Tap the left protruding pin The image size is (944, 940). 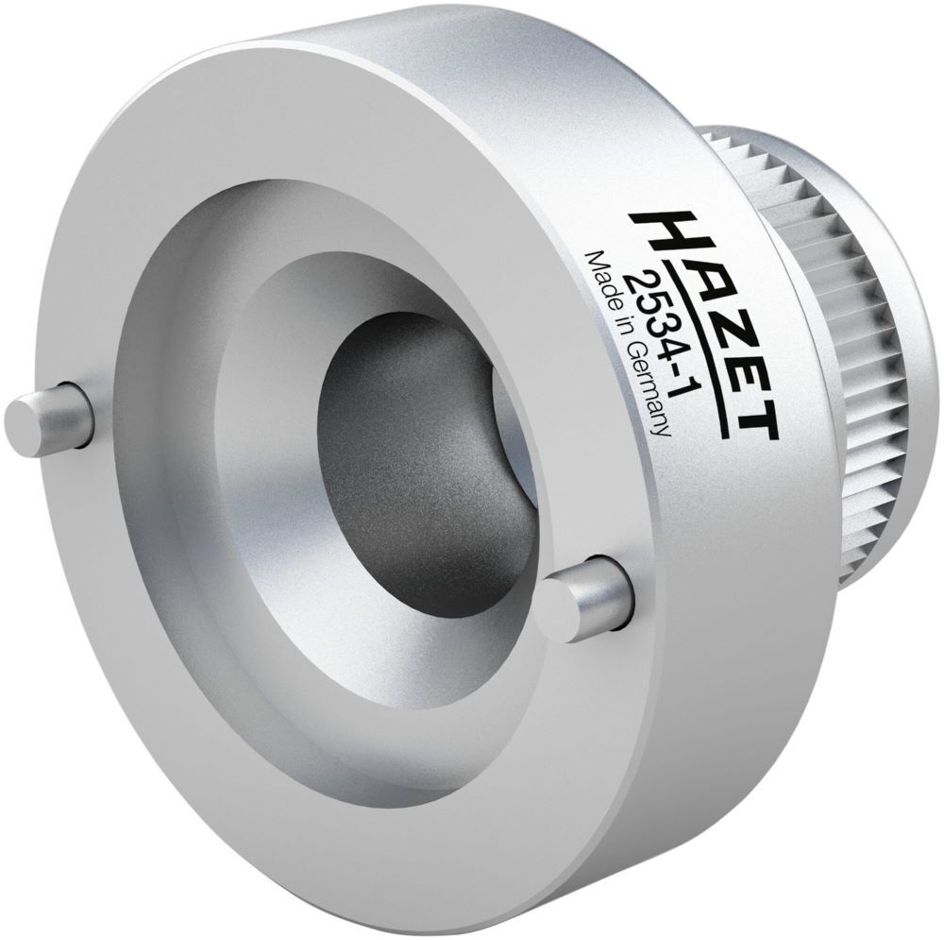pyautogui.click(x=47, y=412)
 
